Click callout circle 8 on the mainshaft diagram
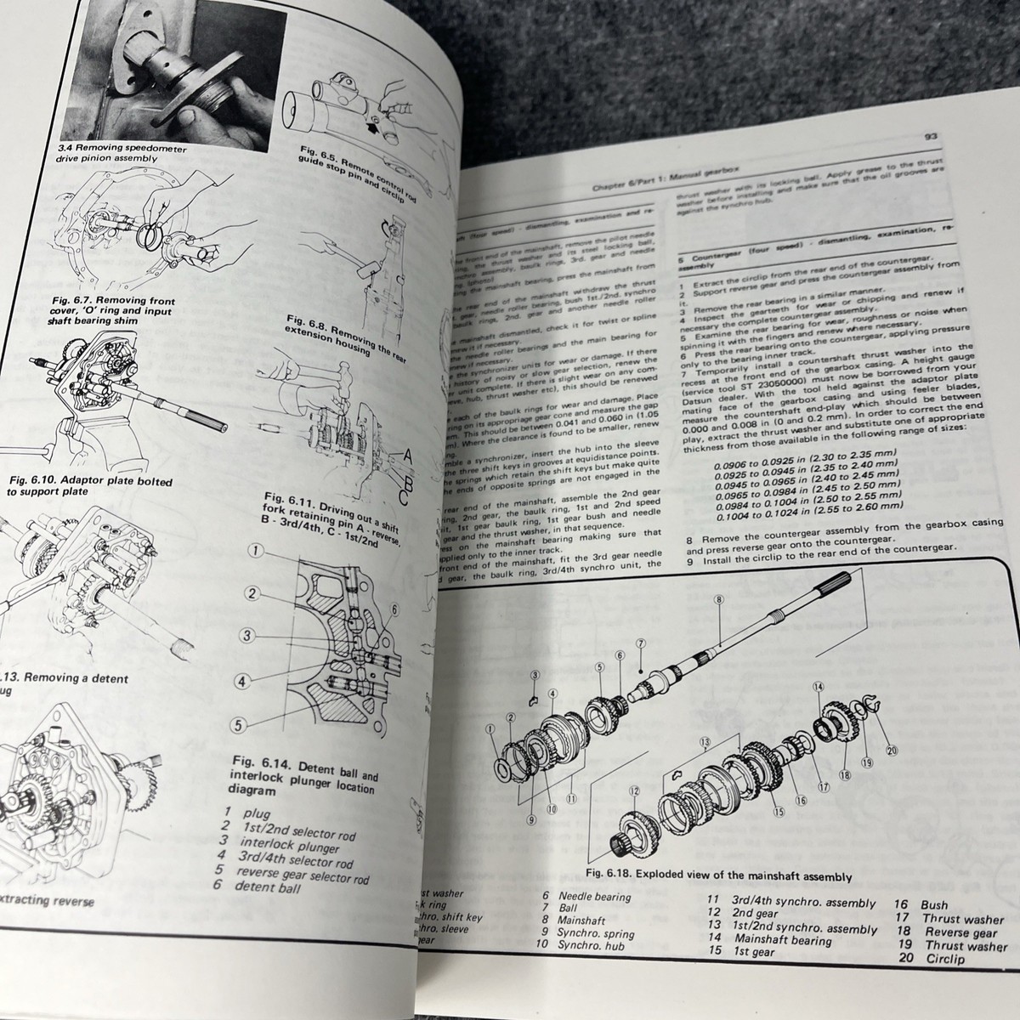(719, 599)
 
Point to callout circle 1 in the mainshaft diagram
(490, 728)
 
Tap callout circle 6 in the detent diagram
(394, 608)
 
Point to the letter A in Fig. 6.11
(407, 456)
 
